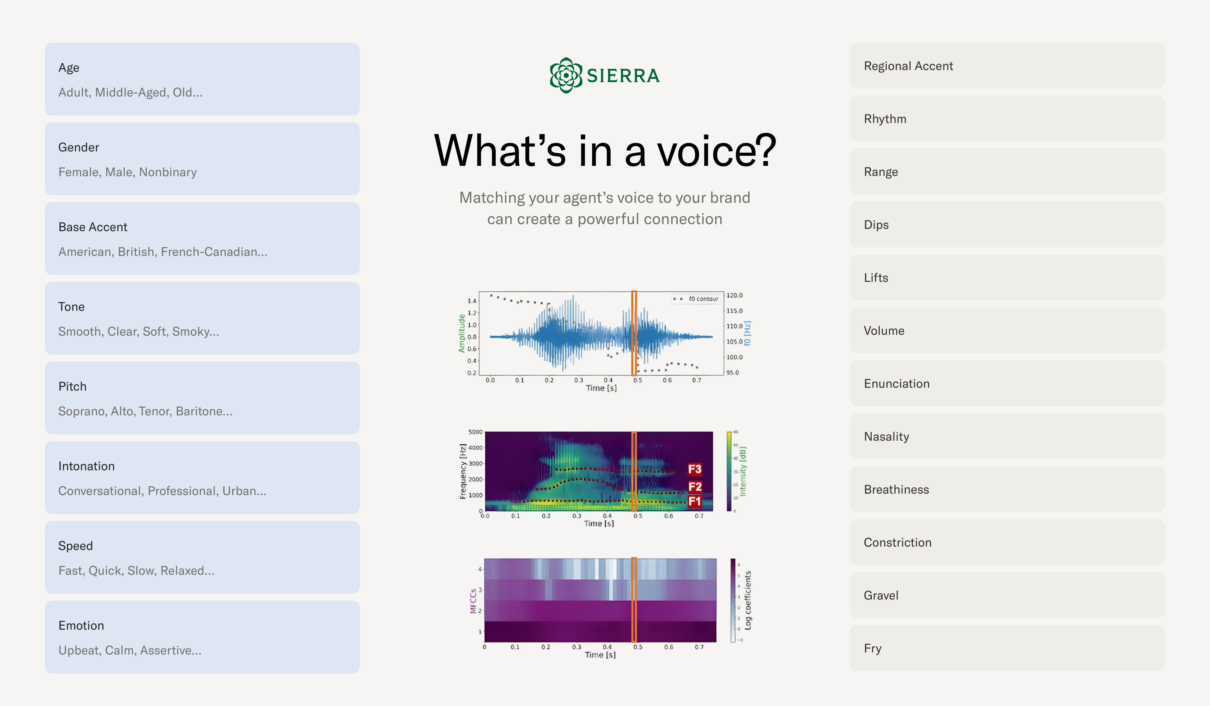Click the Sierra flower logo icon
pyautogui.click(x=566, y=75)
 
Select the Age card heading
pyautogui.click(x=69, y=68)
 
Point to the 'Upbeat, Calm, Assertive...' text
pyautogui.click(x=130, y=650)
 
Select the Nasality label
pyautogui.click(x=886, y=436)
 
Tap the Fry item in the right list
pyautogui.click(x=872, y=648)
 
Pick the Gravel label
pyautogui.click(x=881, y=596)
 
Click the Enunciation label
pyautogui.click(x=897, y=384)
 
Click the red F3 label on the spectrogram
pyautogui.click(x=694, y=469)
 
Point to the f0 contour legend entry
pyautogui.click(x=697, y=299)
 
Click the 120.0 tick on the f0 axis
pyautogui.click(x=734, y=295)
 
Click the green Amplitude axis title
pyautogui.click(x=461, y=333)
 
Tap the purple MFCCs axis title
pyautogui.click(x=473, y=601)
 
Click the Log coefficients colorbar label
pyautogui.click(x=748, y=600)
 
